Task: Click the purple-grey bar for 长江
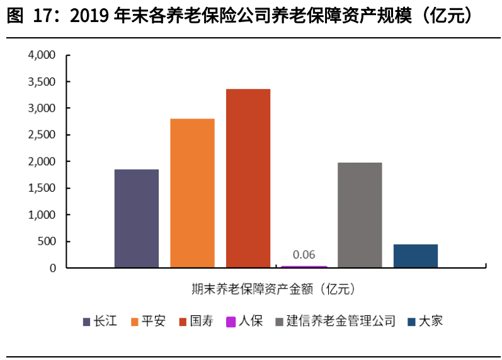136,218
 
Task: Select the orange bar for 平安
192,193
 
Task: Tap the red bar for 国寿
248,178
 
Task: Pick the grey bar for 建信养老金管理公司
360,215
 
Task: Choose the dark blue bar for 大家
416,255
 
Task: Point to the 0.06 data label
304,255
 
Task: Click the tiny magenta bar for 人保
304,267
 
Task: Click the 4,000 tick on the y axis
42,55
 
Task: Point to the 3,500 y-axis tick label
42,82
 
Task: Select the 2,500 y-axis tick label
42,135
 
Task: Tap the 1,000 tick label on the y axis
42,215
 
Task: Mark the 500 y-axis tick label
47,241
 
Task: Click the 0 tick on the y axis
53,268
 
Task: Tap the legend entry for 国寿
196,322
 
